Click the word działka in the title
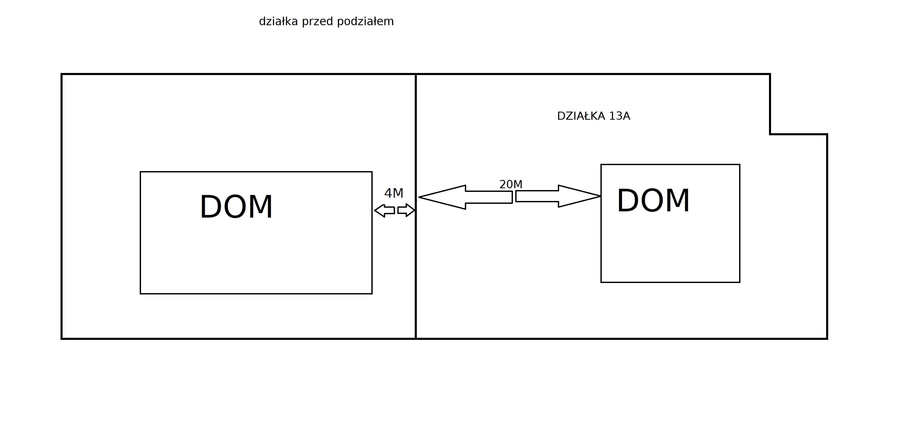[x=279, y=22]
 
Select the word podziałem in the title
[x=365, y=22]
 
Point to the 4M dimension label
[x=393, y=193]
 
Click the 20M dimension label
[x=511, y=184]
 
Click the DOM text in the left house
[x=236, y=207]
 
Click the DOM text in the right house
[x=653, y=201]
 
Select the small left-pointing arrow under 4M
[x=384, y=211]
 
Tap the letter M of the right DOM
[x=677, y=201]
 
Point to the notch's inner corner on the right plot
[x=770, y=134]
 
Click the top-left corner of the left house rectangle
[x=140, y=172]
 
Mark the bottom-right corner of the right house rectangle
[x=740, y=282]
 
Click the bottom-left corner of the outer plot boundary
[x=62, y=339]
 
